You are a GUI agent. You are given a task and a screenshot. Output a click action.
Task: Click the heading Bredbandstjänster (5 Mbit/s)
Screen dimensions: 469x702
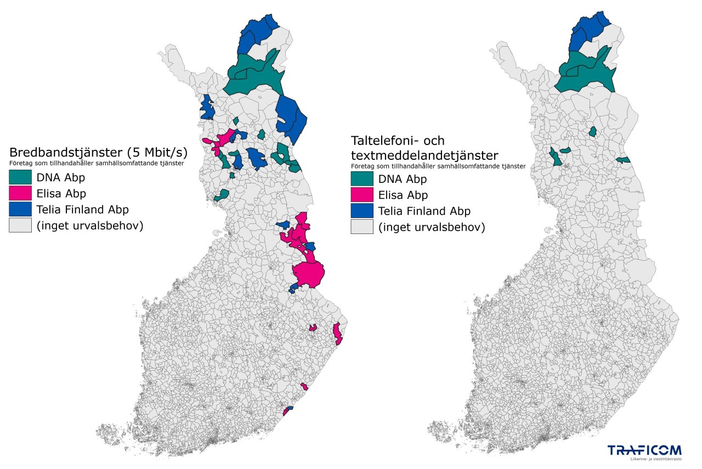(98, 152)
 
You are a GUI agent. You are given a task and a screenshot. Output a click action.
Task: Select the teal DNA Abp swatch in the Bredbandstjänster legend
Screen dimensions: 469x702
(20, 177)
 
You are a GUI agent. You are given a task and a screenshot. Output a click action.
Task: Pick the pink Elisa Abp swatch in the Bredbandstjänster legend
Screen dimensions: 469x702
(20, 193)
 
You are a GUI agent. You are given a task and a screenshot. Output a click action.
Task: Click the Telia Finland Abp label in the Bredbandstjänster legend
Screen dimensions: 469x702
(83, 209)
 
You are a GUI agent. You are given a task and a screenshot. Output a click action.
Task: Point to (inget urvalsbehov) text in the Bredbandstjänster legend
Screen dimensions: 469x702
(90, 225)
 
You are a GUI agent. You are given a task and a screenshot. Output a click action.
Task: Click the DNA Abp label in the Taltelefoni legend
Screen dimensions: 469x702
(403, 179)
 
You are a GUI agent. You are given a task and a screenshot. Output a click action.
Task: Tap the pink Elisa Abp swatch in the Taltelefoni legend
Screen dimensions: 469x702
(362, 195)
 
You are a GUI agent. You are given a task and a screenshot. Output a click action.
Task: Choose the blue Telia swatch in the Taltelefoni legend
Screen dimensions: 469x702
(362, 211)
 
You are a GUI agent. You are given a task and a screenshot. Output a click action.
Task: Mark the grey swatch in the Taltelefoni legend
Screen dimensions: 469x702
(362, 227)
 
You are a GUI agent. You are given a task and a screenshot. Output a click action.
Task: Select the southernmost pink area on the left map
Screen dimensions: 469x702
(286, 412)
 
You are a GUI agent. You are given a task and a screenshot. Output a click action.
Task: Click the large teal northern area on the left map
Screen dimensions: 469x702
(252, 77)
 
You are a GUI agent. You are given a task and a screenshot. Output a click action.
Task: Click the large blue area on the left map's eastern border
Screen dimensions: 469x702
(291, 118)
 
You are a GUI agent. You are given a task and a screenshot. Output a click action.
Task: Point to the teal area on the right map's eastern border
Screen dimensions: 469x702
(624, 160)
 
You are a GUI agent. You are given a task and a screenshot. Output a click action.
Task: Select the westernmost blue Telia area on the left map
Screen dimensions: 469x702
(207, 108)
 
